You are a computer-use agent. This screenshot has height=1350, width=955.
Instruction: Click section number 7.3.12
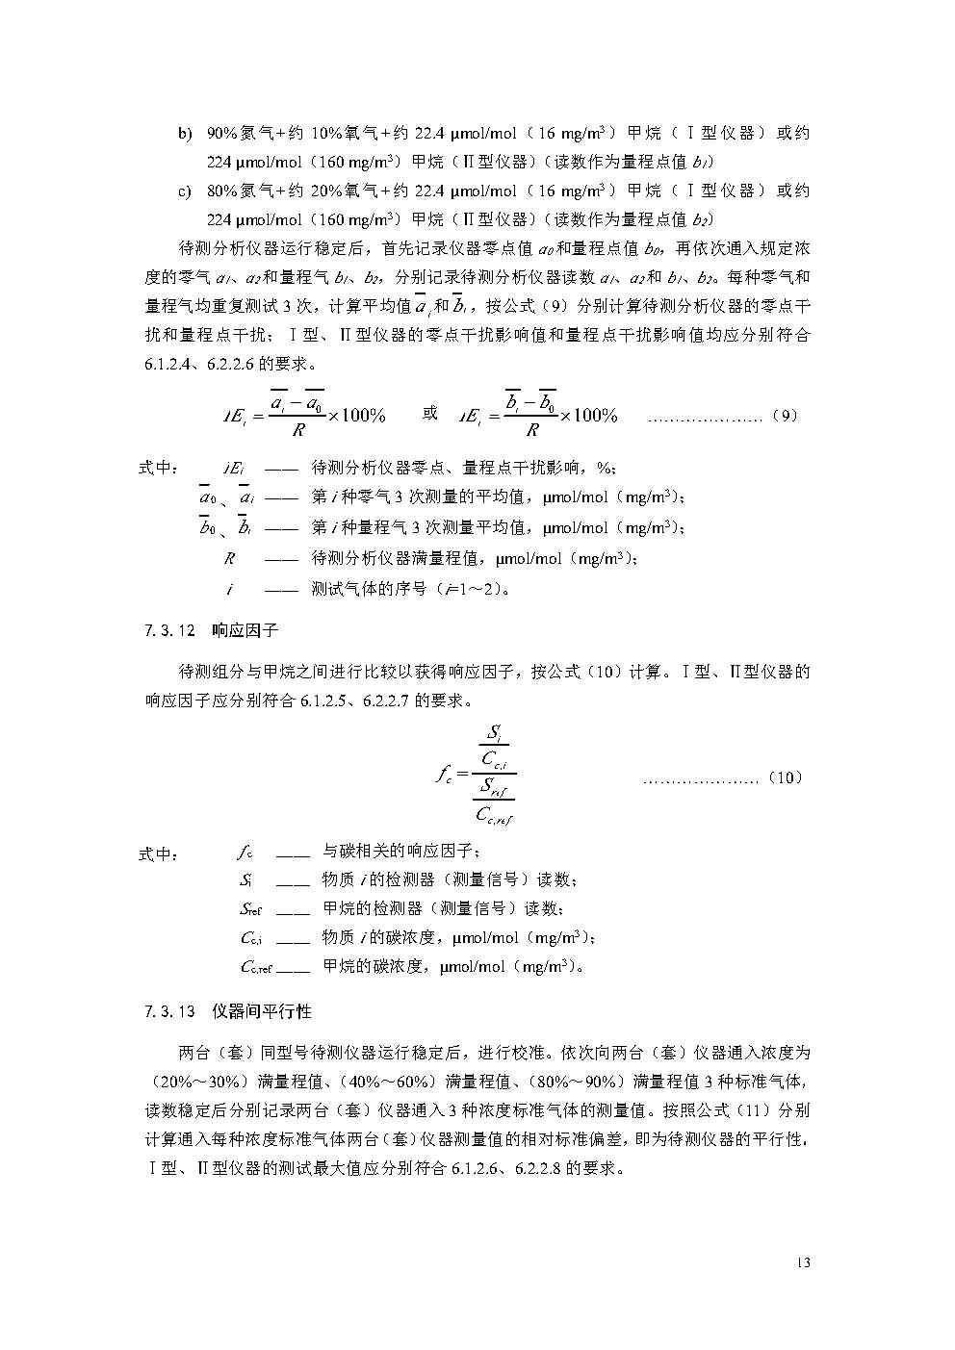tap(169, 631)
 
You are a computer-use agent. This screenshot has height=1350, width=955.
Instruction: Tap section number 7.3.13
tap(169, 1012)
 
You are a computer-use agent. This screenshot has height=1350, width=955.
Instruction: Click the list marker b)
tap(185, 134)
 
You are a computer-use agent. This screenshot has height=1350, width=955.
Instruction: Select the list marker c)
tap(185, 191)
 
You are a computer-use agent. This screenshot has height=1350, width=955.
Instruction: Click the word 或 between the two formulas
tap(430, 413)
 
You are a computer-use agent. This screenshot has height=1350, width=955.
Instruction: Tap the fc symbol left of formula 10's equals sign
tap(443, 774)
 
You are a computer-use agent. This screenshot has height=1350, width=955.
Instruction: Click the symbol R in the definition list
tap(229, 558)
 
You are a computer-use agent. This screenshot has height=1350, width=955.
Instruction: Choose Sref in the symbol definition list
tap(250, 908)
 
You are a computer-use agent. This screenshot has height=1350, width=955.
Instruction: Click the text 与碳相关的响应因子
tap(398, 852)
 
